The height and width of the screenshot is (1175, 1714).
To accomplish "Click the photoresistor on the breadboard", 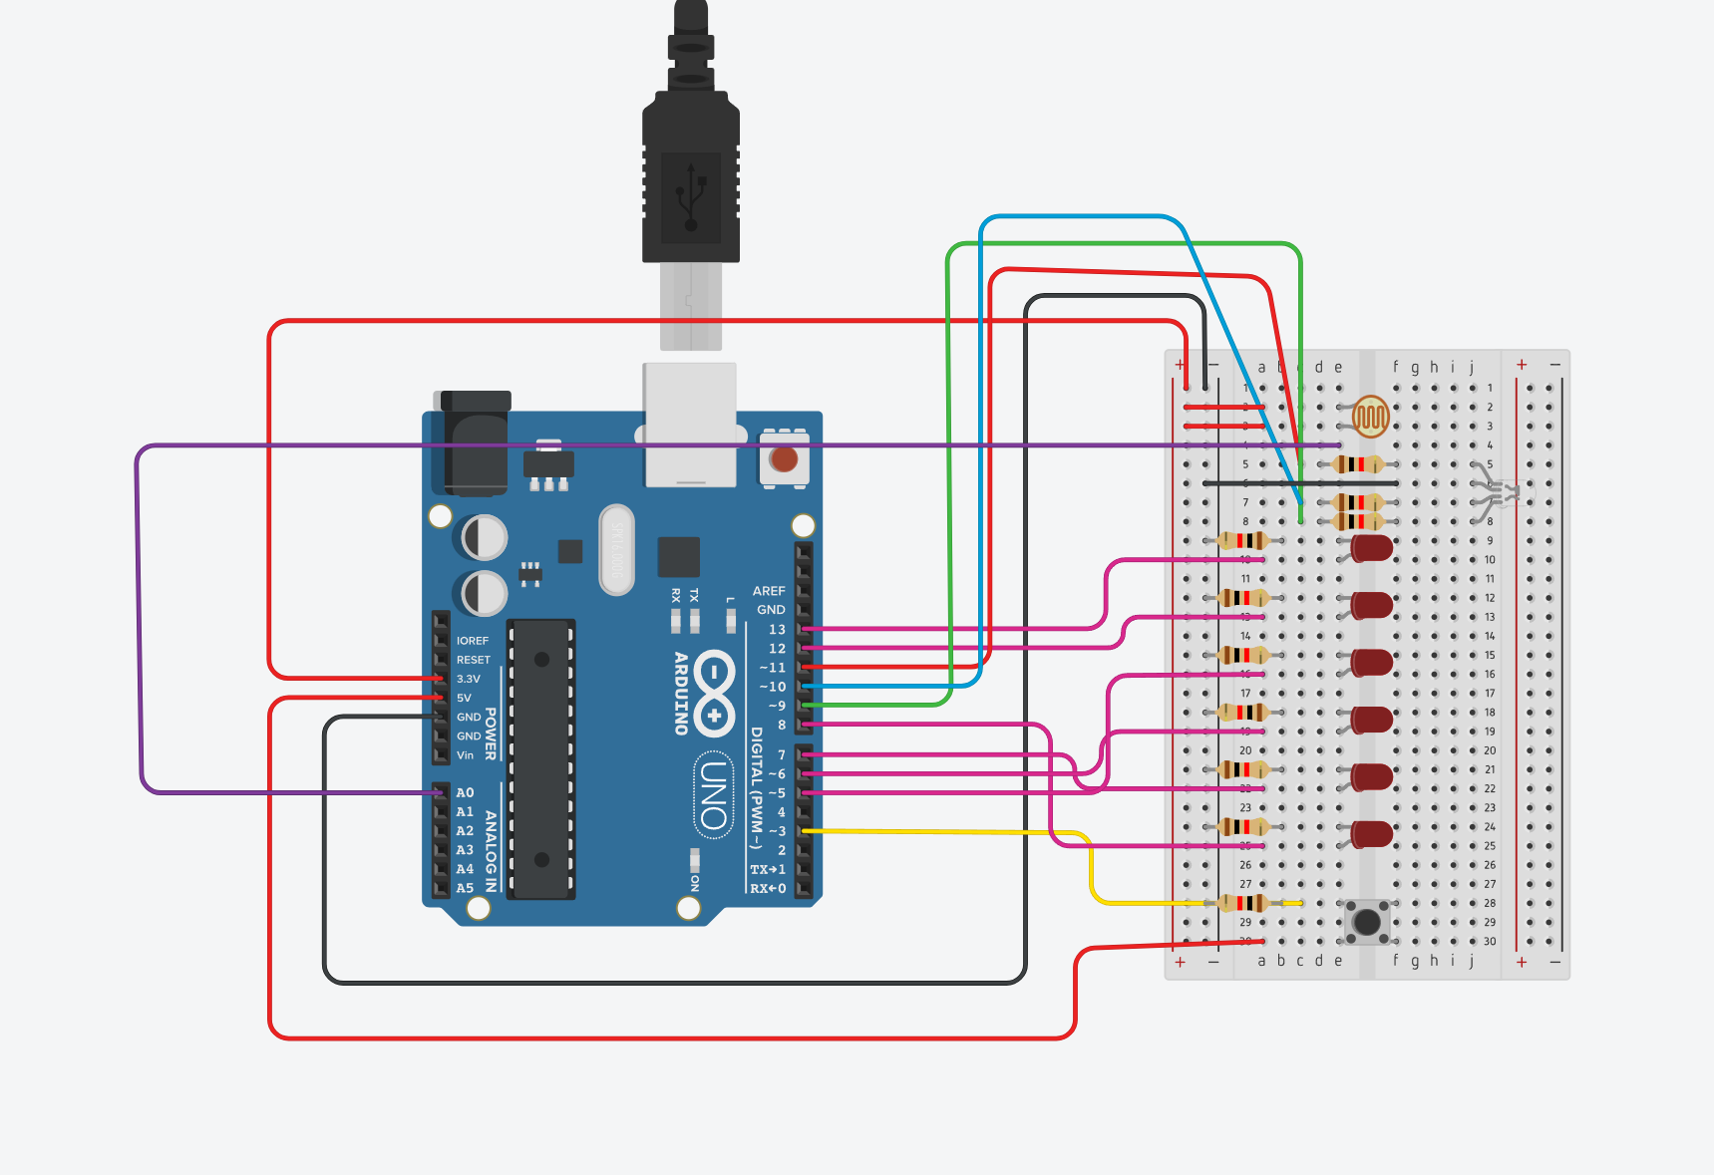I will click(x=1371, y=416).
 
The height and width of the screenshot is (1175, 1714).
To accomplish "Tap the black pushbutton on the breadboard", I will click(x=1367, y=922).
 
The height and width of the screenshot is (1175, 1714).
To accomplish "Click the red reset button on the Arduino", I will click(x=784, y=459).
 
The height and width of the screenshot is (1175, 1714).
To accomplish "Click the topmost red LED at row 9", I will click(x=1372, y=547).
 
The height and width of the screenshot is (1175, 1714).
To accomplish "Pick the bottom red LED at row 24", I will click(x=1372, y=834).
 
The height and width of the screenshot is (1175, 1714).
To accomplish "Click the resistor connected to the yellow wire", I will click(x=1242, y=903).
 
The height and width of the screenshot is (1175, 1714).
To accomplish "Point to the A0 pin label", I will click(x=466, y=792).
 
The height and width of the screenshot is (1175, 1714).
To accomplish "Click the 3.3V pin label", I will click(x=469, y=679).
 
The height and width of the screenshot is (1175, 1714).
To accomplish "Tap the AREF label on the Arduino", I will click(x=768, y=591).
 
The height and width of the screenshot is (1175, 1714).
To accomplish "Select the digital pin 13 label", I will click(x=777, y=629).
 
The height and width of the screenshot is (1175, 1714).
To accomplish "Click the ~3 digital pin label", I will click(x=777, y=831).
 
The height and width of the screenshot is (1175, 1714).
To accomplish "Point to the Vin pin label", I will click(x=466, y=755).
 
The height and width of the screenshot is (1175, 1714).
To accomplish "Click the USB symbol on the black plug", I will click(x=691, y=196).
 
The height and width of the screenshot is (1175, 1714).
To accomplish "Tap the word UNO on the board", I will click(x=712, y=794).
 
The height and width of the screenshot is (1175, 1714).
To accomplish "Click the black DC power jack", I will click(x=472, y=443).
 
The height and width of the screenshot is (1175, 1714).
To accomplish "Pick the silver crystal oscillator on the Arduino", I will click(x=616, y=549).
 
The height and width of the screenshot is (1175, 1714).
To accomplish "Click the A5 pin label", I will click(x=466, y=888).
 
